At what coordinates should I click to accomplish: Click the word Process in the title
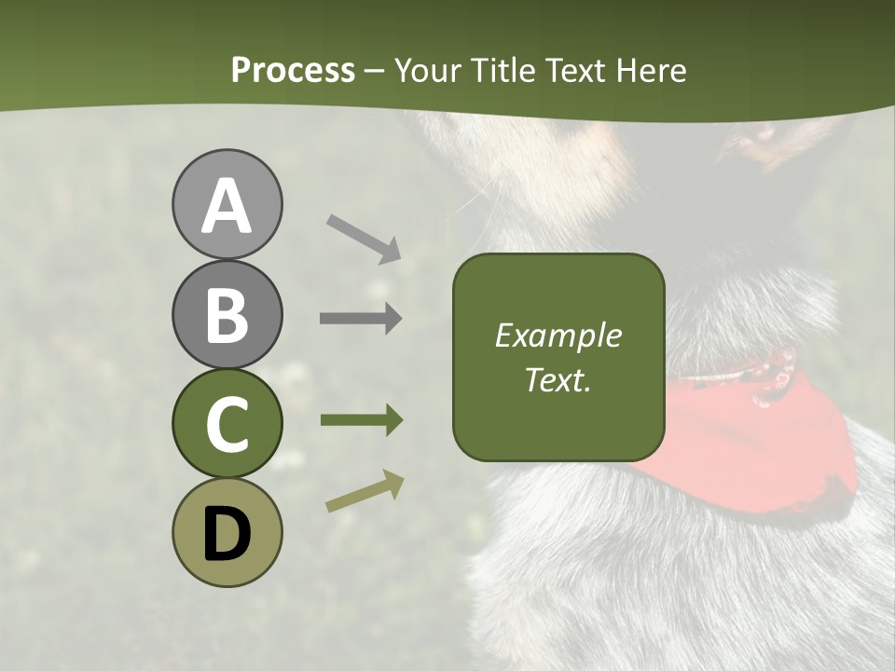pos(293,71)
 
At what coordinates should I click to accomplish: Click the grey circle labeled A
pos(227,205)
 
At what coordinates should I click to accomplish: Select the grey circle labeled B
pos(227,314)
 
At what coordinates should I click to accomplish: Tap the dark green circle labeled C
pos(227,423)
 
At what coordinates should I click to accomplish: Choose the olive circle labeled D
pos(227,532)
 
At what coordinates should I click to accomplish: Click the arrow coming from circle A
pos(364,239)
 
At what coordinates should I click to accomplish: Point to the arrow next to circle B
pos(361,319)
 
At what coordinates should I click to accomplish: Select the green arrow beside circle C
pos(361,420)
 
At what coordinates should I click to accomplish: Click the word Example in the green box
pos(558,335)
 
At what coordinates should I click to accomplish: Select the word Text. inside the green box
pos(558,379)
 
